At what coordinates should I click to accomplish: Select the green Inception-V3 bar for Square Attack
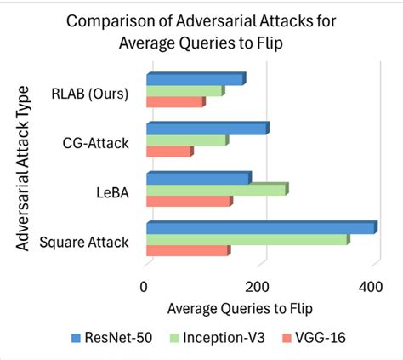click(247, 240)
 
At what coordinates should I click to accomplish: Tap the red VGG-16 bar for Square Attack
click(187, 251)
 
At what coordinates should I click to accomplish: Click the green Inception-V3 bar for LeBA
click(216, 191)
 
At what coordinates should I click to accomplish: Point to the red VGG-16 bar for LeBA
click(188, 202)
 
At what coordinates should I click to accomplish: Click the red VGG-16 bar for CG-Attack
click(168, 151)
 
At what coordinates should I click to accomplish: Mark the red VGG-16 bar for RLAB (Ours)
click(174, 102)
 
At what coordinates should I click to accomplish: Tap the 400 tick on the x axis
click(372, 287)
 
